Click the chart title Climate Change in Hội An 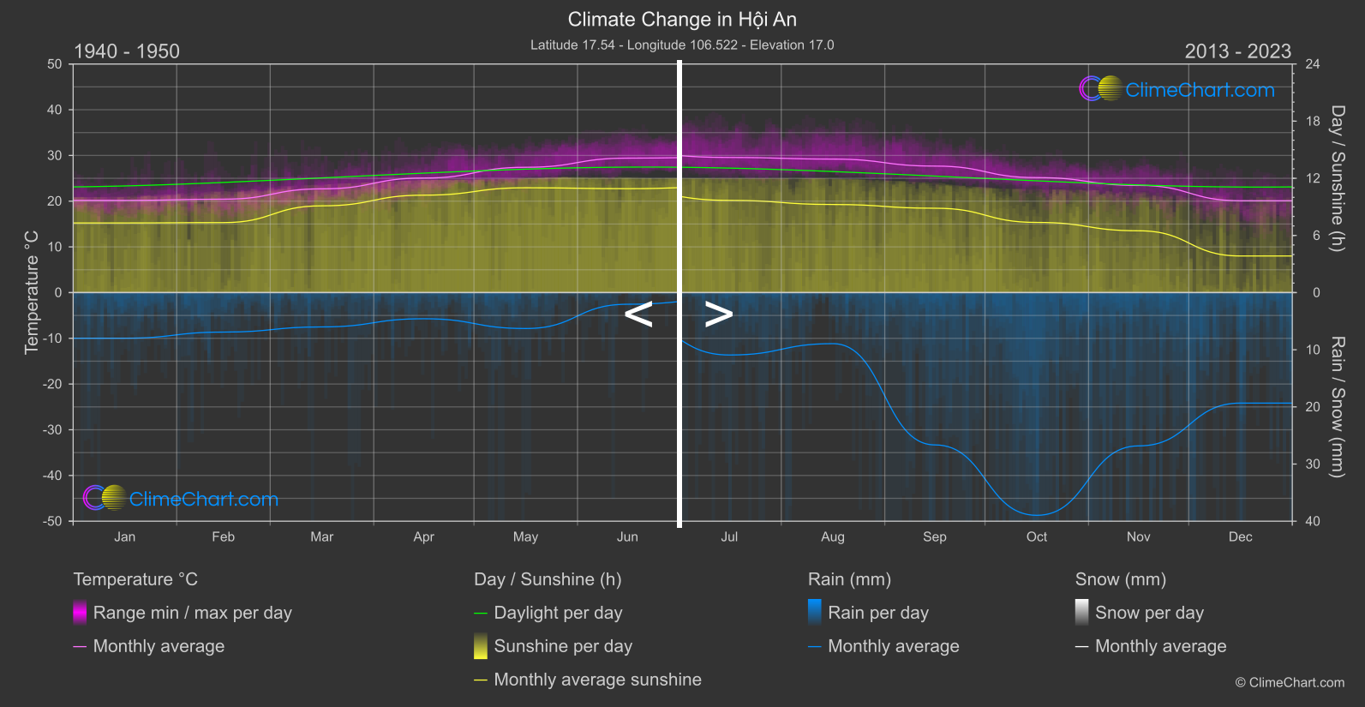click(682, 20)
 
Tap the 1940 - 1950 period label click(127, 51)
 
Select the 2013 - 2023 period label click(1237, 51)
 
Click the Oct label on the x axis click(1036, 537)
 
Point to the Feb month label click(223, 537)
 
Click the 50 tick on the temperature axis click(55, 64)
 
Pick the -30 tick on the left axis click(52, 430)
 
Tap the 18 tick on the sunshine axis click(1313, 122)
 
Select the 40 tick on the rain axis click(1313, 521)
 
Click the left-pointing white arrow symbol click(638, 315)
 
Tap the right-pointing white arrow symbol click(718, 315)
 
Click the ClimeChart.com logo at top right click(1177, 89)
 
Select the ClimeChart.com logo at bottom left click(181, 499)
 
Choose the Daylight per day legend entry click(558, 613)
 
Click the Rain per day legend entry click(877, 613)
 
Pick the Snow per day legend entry click(1148, 613)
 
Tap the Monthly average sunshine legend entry click(597, 680)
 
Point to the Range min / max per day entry click(192, 613)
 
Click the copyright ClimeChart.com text click(1290, 683)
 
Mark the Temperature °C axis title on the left click(32, 292)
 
